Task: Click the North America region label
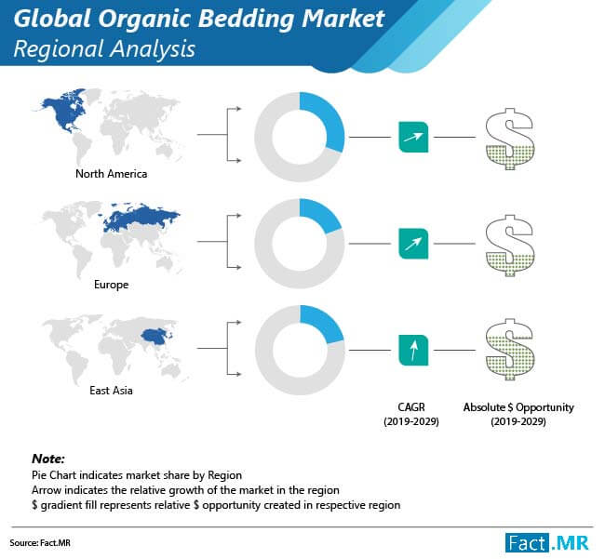(111, 174)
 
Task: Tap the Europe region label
(111, 285)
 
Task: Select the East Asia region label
(111, 391)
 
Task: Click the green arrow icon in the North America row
(413, 137)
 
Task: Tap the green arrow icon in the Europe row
(413, 244)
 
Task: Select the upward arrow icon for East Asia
(413, 350)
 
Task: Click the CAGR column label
(411, 414)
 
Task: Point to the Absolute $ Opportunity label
(518, 414)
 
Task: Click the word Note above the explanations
(48, 459)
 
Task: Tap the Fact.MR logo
(547, 543)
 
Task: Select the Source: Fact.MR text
(40, 543)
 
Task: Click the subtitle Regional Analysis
(104, 49)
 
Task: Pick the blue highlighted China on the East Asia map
(155, 336)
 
